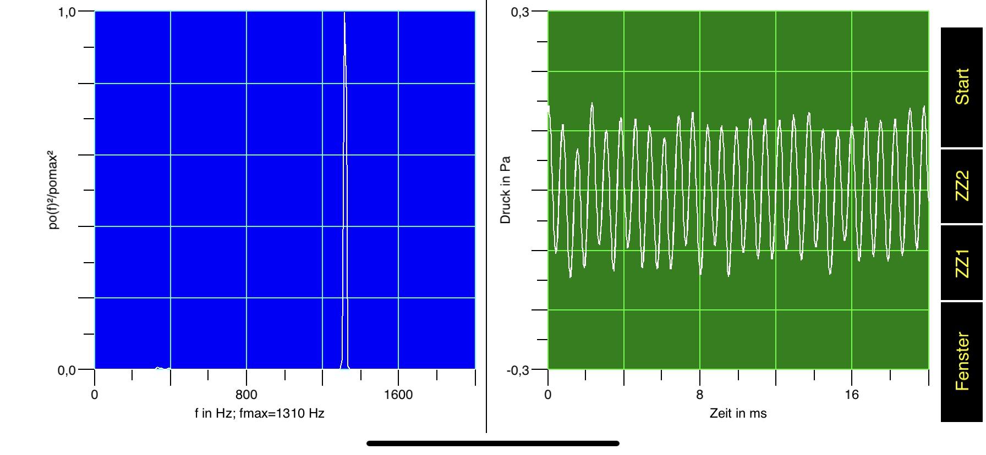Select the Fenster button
coord(962,361)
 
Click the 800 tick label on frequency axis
coord(246,395)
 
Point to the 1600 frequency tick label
coord(398,395)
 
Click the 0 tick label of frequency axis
coord(95,395)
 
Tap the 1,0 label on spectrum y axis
coord(67,12)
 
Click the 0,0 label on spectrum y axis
coord(67,370)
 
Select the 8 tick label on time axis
coord(699,395)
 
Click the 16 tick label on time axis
coord(851,395)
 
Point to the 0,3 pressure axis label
coord(520,12)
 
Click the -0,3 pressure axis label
coord(518,370)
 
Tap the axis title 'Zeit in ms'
coord(738,413)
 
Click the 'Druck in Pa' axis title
coord(505,190)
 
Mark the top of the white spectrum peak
coord(344,13)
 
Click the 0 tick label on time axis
coord(547,395)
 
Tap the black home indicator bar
coord(493,443)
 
